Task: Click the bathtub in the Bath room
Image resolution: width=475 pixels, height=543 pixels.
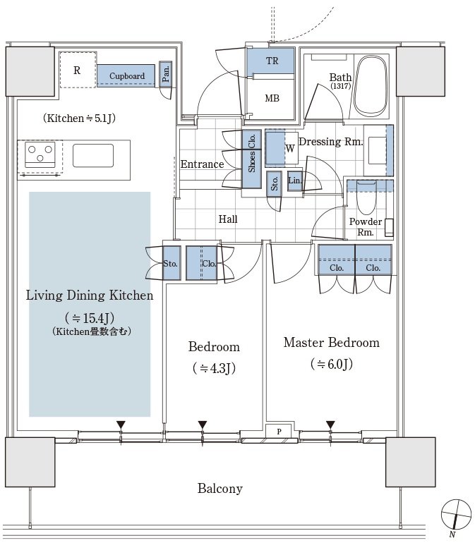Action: tap(371, 86)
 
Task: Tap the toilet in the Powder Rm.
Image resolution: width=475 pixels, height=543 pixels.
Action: tap(366, 197)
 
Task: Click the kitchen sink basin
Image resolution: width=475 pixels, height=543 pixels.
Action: tap(93, 155)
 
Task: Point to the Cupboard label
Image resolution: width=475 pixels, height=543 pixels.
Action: tap(127, 76)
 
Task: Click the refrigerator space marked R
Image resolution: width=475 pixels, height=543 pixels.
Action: tap(78, 70)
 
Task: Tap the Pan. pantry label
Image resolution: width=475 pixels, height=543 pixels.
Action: tap(166, 74)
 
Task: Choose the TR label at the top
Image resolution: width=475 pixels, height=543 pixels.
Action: tap(272, 61)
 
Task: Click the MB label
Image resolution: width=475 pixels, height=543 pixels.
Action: tap(272, 98)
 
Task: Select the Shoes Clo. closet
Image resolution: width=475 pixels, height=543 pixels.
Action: tap(252, 159)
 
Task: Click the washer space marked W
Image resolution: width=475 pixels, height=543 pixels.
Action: tap(282, 148)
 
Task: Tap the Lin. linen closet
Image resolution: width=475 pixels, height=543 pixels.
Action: tap(295, 181)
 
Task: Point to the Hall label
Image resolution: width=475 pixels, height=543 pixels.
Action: tap(228, 219)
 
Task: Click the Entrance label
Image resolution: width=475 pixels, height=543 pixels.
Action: tap(202, 164)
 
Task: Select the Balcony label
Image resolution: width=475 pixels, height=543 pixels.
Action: tap(220, 489)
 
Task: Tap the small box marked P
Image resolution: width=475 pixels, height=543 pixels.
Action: tap(279, 432)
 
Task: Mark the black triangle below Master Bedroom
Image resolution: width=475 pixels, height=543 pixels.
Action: tap(330, 425)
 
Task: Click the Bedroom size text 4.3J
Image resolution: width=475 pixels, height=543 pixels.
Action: tap(215, 368)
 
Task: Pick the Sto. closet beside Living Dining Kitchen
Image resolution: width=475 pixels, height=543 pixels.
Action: tap(172, 263)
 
